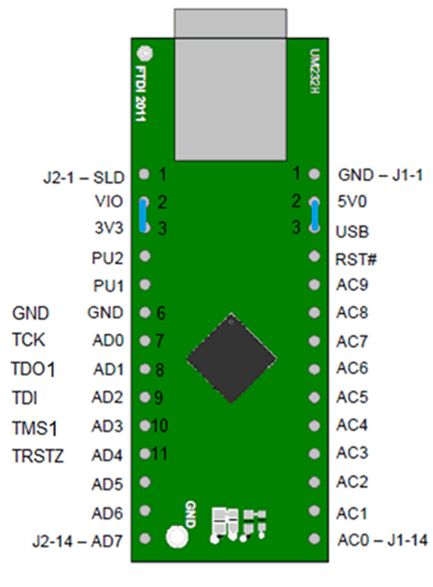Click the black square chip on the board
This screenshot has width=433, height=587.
coord(231,359)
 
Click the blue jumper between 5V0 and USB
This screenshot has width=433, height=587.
coord(314,215)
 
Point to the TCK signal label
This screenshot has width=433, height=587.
coord(29,341)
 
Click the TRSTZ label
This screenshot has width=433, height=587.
coord(38,455)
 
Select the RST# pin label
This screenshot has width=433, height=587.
coord(353,257)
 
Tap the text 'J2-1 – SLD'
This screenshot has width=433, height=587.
coord(80,176)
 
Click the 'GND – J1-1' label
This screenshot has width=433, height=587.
coord(380,175)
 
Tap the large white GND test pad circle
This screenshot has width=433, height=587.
coord(177,537)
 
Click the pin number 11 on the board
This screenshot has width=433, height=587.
coord(160,453)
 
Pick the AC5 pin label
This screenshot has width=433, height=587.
coord(352,398)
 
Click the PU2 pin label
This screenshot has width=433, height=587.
coord(107,257)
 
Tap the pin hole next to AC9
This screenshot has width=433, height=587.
coord(314,285)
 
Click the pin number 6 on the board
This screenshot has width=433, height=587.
coord(160,313)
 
